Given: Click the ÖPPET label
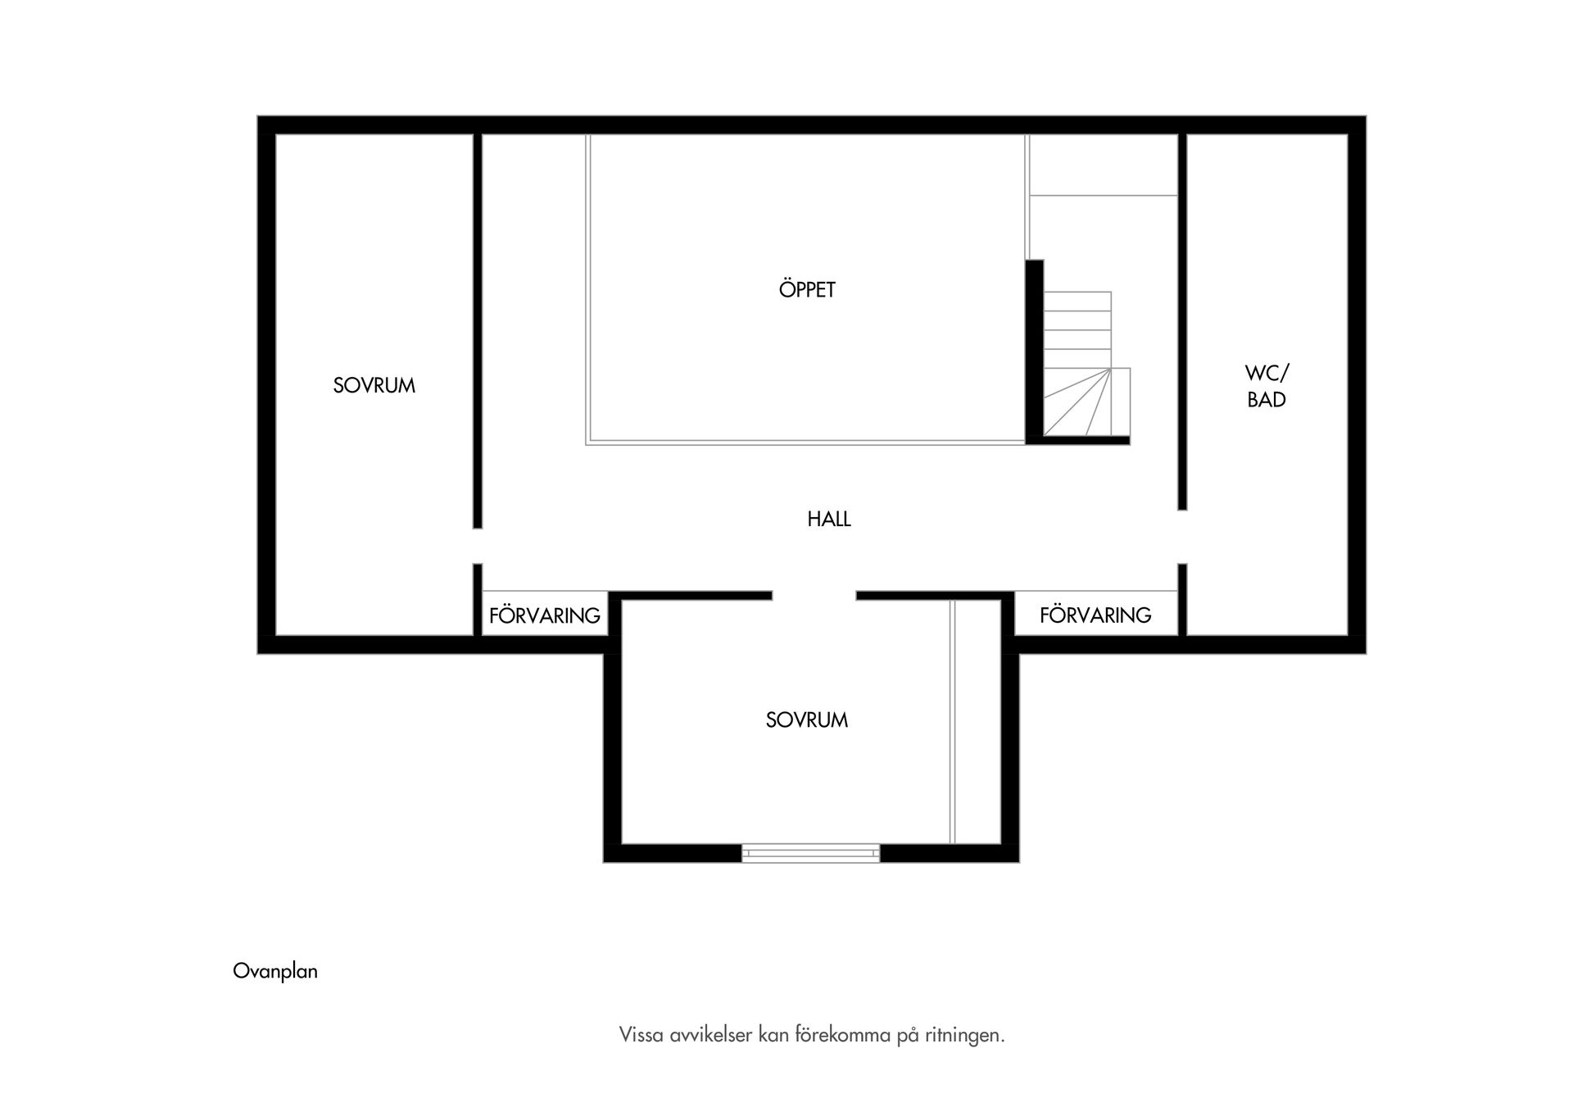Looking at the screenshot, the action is click(x=807, y=289).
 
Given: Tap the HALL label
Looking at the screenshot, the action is click(x=829, y=519).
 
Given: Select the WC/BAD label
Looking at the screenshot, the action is click(x=1267, y=386).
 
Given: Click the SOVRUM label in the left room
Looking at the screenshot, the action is click(x=374, y=385).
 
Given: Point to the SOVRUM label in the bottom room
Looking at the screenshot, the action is click(x=807, y=719).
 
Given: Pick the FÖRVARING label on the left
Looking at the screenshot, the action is click(x=545, y=615).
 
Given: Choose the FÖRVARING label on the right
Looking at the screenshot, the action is click(x=1095, y=615).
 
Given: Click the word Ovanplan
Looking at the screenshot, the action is click(x=275, y=971).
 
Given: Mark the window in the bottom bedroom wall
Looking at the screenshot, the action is click(x=811, y=853).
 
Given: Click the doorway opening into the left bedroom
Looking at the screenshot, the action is click(x=478, y=546).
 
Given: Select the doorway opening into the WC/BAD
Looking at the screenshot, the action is click(x=1182, y=537).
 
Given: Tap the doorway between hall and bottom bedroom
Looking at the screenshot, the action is click(x=814, y=596).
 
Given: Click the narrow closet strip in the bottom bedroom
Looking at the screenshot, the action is click(x=976, y=722).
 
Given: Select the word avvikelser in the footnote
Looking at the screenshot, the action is click(x=710, y=1035).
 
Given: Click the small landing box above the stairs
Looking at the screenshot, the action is click(x=1104, y=165).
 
